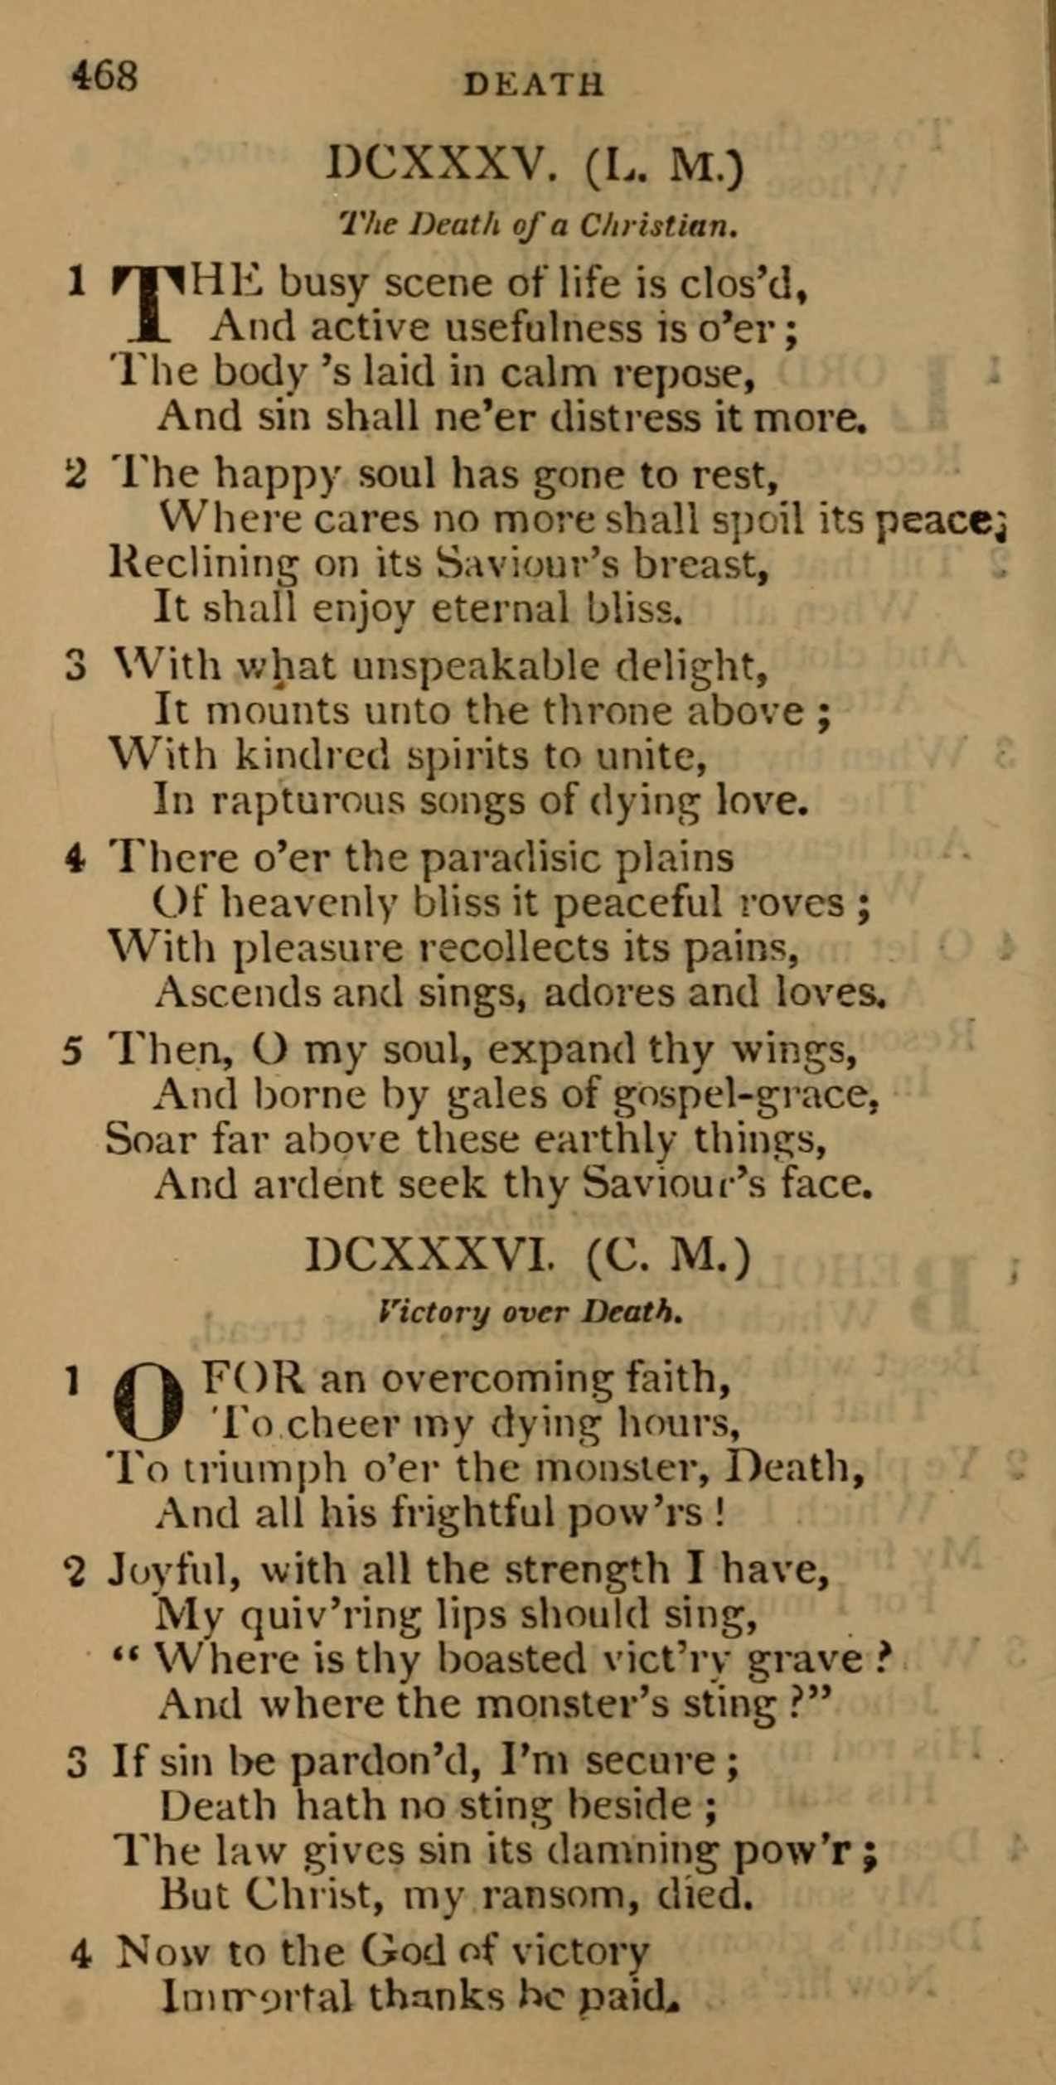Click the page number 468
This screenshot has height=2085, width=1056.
pyautogui.click(x=104, y=77)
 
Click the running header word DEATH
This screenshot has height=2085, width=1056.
pyautogui.click(x=534, y=85)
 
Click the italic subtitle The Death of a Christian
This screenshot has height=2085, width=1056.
pyautogui.click(x=539, y=224)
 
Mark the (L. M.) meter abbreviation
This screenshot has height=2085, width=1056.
pyautogui.click(x=663, y=168)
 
